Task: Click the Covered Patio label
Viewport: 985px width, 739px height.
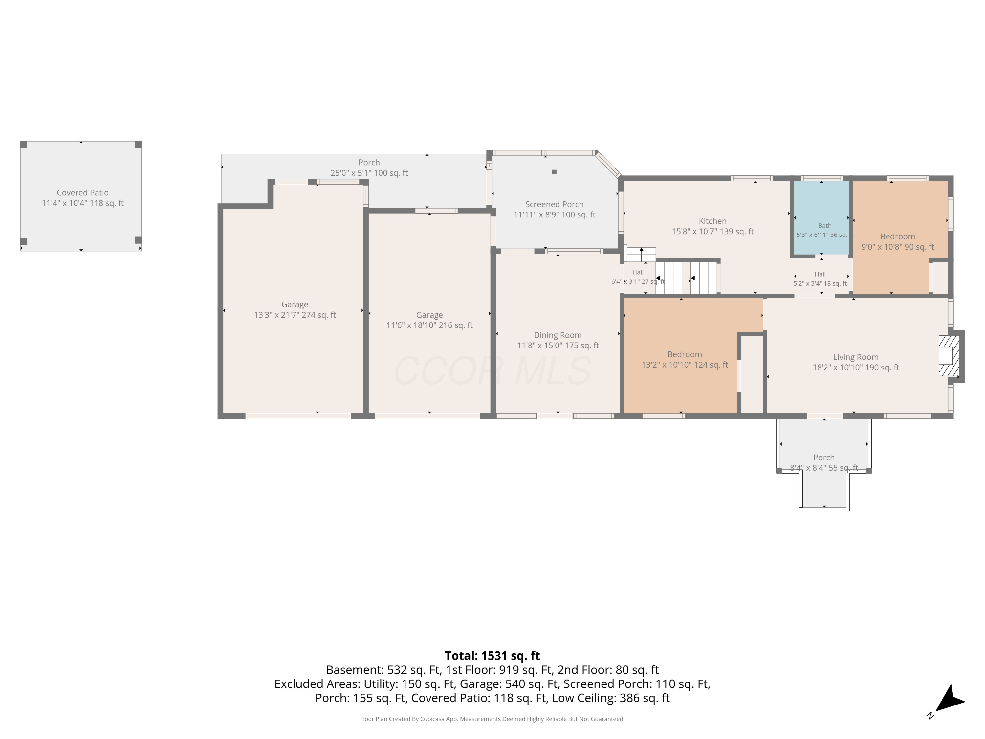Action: pos(82,193)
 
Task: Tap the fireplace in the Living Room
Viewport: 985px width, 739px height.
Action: pos(949,356)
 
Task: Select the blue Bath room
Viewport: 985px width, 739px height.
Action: pos(821,218)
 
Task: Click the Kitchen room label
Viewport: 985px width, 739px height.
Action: pos(712,221)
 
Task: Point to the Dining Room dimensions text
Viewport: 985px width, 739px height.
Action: pos(558,346)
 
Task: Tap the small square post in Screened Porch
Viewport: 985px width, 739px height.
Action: pos(554,172)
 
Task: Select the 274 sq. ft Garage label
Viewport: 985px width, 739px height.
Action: pos(295,305)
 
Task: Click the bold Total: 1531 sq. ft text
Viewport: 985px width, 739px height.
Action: pos(492,656)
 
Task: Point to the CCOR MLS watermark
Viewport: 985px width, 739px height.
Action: pos(492,370)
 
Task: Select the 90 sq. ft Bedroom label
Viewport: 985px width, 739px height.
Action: pos(897,236)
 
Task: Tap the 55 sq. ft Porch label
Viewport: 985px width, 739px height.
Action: pos(824,458)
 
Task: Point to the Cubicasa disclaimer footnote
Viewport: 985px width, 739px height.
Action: pos(492,719)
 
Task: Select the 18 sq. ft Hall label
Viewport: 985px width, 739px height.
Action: pos(820,274)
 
